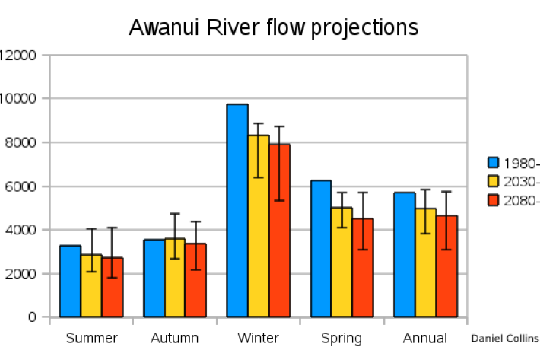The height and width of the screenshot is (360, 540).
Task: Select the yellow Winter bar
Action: (x=259, y=228)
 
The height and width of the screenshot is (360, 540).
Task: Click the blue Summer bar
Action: (x=70, y=281)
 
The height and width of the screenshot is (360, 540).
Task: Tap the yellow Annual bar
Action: (x=425, y=263)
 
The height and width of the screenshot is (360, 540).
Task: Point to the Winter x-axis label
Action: (x=259, y=339)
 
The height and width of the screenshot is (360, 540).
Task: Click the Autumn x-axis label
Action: (x=174, y=339)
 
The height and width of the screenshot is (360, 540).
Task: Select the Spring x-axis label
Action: (x=341, y=339)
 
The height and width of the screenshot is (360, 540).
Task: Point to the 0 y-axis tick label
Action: (x=33, y=317)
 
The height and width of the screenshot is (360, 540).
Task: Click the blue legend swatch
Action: (x=493, y=163)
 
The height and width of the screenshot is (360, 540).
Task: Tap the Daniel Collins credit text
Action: (x=504, y=339)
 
